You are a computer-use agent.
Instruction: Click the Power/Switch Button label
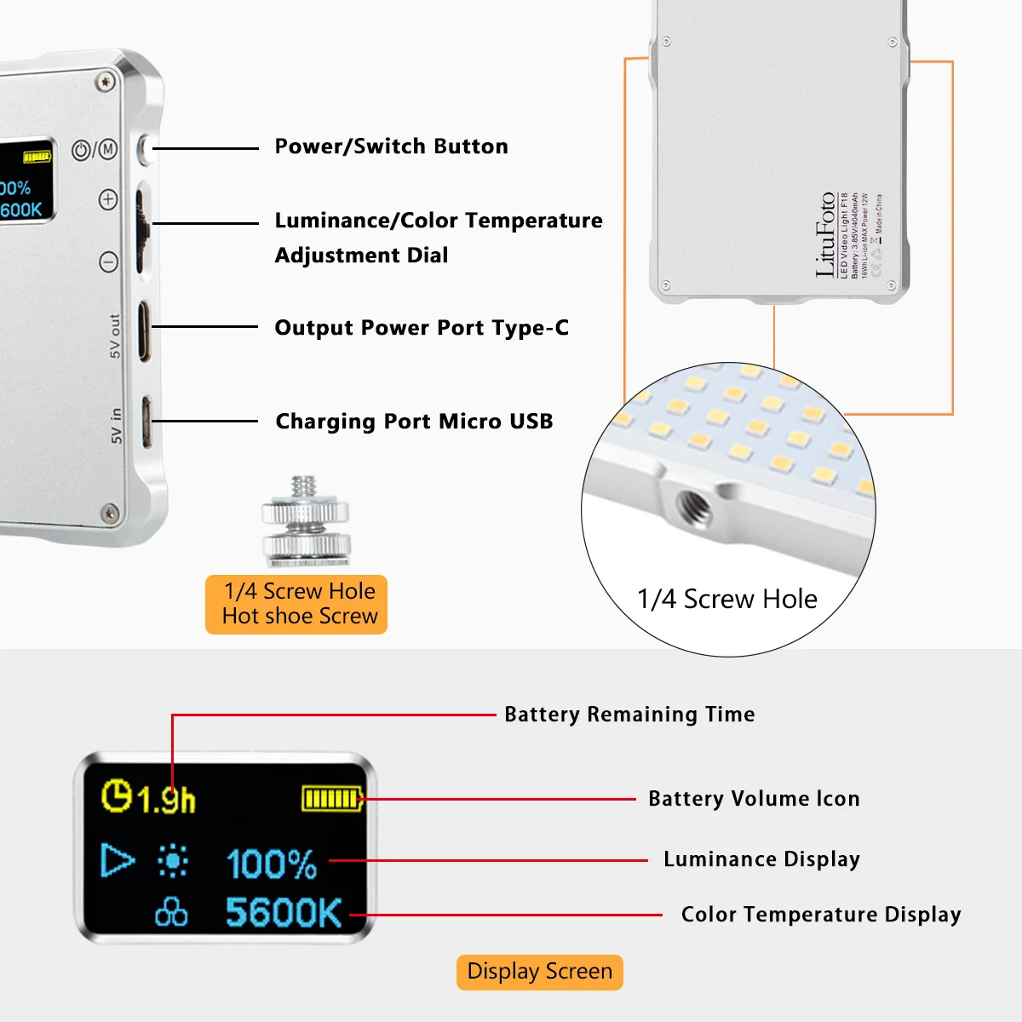tap(391, 146)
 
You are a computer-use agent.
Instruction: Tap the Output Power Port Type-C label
tap(422, 328)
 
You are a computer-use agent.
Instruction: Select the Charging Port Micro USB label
tap(414, 422)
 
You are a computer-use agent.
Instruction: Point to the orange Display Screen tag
tap(539, 972)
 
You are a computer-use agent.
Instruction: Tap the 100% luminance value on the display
tap(272, 864)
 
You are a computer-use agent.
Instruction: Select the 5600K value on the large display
tap(284, 913)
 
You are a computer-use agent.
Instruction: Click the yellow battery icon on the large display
tap(332, 799)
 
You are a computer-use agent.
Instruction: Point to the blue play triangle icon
tap(117, 860)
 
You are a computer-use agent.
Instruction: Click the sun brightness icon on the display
tap(173, 861)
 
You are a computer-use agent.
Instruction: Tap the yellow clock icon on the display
tap(117, 796)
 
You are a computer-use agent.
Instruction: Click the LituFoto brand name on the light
tap(825, 234)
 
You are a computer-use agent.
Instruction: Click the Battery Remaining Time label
tap(629, 715)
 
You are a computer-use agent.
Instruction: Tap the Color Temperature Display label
tap(821, 915)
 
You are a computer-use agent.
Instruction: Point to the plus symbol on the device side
tap(108, 199)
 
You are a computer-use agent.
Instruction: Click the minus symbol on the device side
tap(108, 261)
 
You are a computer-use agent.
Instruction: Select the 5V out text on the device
tap(115, 336)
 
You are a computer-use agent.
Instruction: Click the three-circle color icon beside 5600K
tap(171, 912)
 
